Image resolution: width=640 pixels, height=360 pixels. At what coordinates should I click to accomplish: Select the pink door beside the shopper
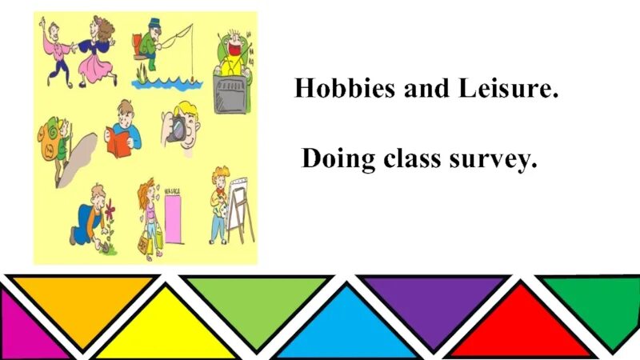(172, 220)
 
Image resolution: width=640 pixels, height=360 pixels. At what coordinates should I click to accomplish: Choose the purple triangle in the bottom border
(434, 304)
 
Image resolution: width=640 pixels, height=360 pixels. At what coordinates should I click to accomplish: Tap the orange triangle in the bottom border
(83, 304)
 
